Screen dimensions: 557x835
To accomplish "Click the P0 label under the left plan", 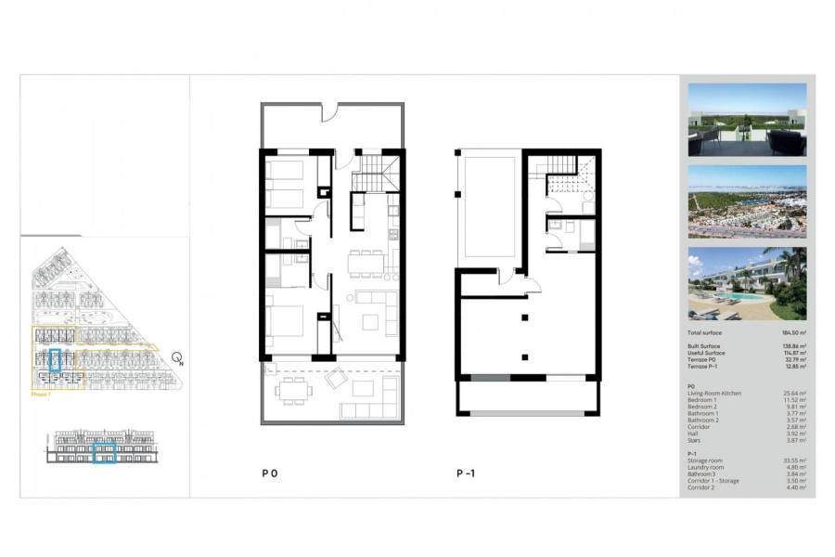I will click(270, 473).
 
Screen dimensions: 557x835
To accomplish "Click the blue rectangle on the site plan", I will click(55, 359).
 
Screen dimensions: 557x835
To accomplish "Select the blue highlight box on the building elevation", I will click(104, 452).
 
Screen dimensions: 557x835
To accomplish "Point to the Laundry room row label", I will click(706, 466).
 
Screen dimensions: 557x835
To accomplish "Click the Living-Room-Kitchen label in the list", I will click(715, 393).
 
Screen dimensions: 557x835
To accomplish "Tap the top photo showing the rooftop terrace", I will click(747, 119).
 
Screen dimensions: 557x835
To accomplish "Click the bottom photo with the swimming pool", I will click(747, 283).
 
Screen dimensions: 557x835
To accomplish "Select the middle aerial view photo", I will click(747, 201).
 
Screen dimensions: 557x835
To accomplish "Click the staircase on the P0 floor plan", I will click(378, 173).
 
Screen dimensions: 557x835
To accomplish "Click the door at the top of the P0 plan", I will click(330, 113).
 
